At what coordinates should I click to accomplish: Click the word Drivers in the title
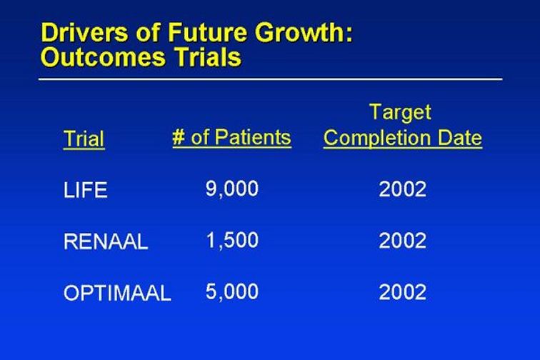click(x=84, y=32)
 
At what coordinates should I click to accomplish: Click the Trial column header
click(x=84, y=139)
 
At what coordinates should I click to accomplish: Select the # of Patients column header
click(x=231, y=138)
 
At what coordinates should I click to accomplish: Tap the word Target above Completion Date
click(x=400, y=113)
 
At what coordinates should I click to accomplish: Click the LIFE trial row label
click(x=85, y=190)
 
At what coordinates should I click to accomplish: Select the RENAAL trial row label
click(x=106, y=241)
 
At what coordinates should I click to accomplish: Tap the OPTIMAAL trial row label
click(x=117, y=293)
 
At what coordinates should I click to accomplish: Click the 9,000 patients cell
click(x=231, y=189)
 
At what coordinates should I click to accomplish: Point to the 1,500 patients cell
click(x=232, y=241)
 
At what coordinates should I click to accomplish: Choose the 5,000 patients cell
click(x=231, y=292)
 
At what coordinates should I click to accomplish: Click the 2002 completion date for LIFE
click(x=403, y=189)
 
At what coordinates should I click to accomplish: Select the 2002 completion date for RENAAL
click(x=403, y=241)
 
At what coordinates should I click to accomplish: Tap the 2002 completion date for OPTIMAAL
click(x=403, y=292)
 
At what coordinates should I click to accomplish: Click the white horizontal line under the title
click(x=270, y=79)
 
